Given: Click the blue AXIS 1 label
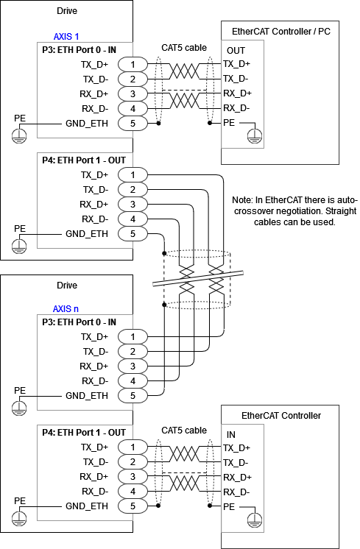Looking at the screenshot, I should tap(66, 37).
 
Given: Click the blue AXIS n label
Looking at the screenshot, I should tap(66, 309).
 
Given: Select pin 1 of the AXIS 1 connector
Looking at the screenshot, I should tap(133, 65).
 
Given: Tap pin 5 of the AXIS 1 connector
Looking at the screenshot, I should tap(133, 124).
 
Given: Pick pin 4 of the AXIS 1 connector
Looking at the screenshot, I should tap(133, 109).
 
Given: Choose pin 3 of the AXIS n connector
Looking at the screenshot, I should tap(133, 366).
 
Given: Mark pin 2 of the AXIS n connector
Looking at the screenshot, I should tap(133, 352).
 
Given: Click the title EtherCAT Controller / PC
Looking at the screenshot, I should tap(280, 32).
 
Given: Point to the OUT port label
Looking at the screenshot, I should tap(236, 51).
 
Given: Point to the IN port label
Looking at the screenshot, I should tap(231, 435).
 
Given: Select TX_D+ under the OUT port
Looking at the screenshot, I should tap(236, 64).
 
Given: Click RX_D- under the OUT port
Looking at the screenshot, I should tap(236, 108).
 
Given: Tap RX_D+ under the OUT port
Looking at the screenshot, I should tap(237, 93).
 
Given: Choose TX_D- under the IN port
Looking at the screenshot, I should tap(236, 463).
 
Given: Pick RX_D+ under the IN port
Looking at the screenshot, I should tap(237, 478).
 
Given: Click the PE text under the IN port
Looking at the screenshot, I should tap(229, 507).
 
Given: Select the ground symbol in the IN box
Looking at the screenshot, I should tap(254, 520).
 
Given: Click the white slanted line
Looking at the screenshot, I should tap(198, 278).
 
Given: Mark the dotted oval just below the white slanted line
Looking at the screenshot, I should tap(197, 304).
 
